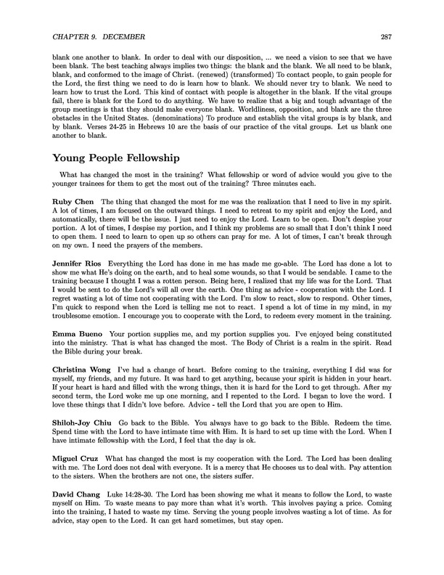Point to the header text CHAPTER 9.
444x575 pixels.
[x=75, y=37]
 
